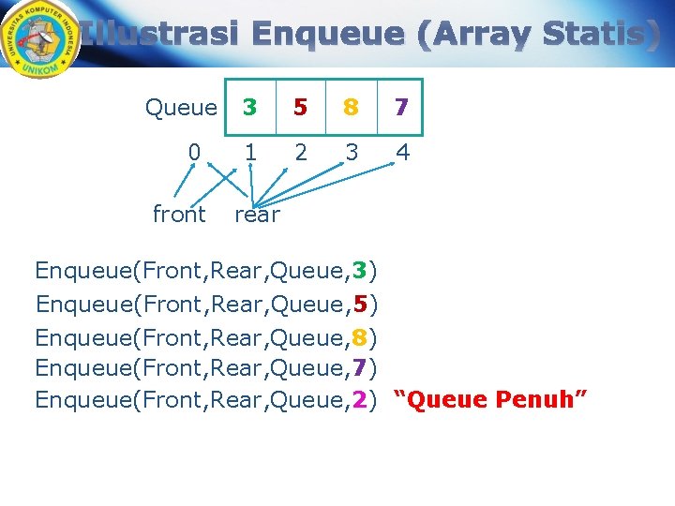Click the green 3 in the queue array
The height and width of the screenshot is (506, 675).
tap(249, 107)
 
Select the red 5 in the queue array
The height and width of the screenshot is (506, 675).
tap(300, 107)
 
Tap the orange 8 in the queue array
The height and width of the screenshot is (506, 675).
tap(351, 107)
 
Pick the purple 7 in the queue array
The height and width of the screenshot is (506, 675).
tap(401, 107)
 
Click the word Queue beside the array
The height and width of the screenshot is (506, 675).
tap(181, 108)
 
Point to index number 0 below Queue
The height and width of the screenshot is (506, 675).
tap(194, 152)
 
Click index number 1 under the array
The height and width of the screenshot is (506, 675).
tap(249, 152)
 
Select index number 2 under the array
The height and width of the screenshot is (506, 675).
tap(300, 152)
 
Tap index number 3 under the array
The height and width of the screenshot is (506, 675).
tap(351, 152)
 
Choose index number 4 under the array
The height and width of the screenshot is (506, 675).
tap(402, 152)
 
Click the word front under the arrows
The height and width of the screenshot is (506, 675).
tap(179, 215)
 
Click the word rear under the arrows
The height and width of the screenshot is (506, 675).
tap(257, 216)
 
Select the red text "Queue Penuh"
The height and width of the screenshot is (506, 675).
tap(490, 400)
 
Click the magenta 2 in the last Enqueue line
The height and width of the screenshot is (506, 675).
tap(360, 400)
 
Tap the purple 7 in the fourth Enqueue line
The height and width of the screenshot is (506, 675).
tap(360, 368)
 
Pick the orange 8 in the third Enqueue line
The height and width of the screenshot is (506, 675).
tap(360, 336)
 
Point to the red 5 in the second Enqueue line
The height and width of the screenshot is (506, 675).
tap(360, 305)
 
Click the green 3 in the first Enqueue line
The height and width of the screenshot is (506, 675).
tap(360, 272)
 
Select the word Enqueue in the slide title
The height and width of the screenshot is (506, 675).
tap(328, 35)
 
